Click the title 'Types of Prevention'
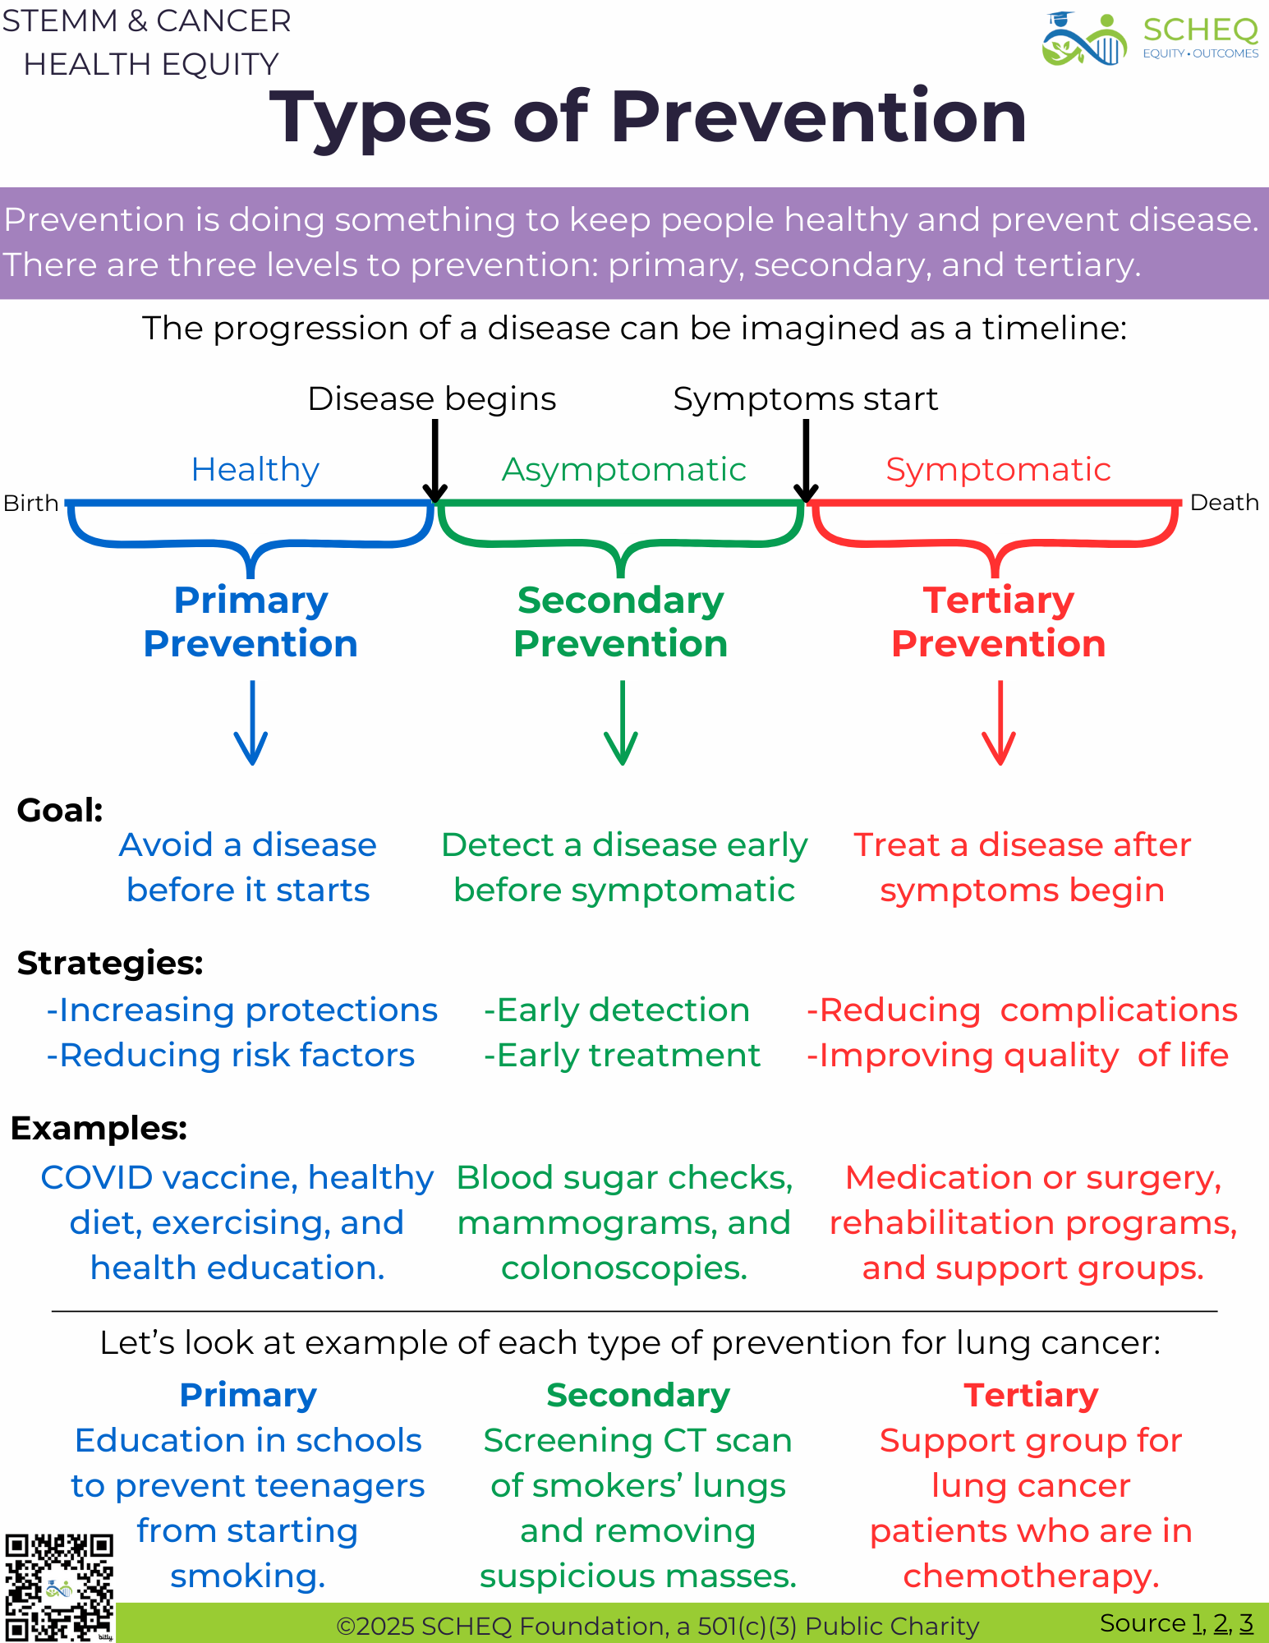pyautogui.click(x=648, y=117)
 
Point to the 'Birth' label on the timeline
pyautogui.click(x=31, y=503)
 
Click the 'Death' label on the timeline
pyautogui.click(x=1224, y=503)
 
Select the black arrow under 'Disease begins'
pyautogui.click(x=435, y=460)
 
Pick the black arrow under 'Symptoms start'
pyautogui.click(x=806, y=460)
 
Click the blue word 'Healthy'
pyautogui.click(x=255, y=470)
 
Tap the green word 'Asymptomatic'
pyautogui.click(x=624, y=470)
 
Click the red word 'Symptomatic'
pyautogui.click(x=998, y=470)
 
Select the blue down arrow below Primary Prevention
pyautogui.click(x=251, y=723)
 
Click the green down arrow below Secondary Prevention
pyautogui.click(x=622, y=723)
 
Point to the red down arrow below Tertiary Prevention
pyautogui.click(x=1000, y=723)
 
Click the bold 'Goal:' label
pyautogui.click(x=60, y=811)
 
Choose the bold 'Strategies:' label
pyautogui.click(x=110, y=963)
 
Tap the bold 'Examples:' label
pyautogui.click(x=99, y=1129)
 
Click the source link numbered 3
pyautogui.click(x=1246, y=1623)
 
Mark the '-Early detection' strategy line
pyautogui.click(x=617, y=1010)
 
